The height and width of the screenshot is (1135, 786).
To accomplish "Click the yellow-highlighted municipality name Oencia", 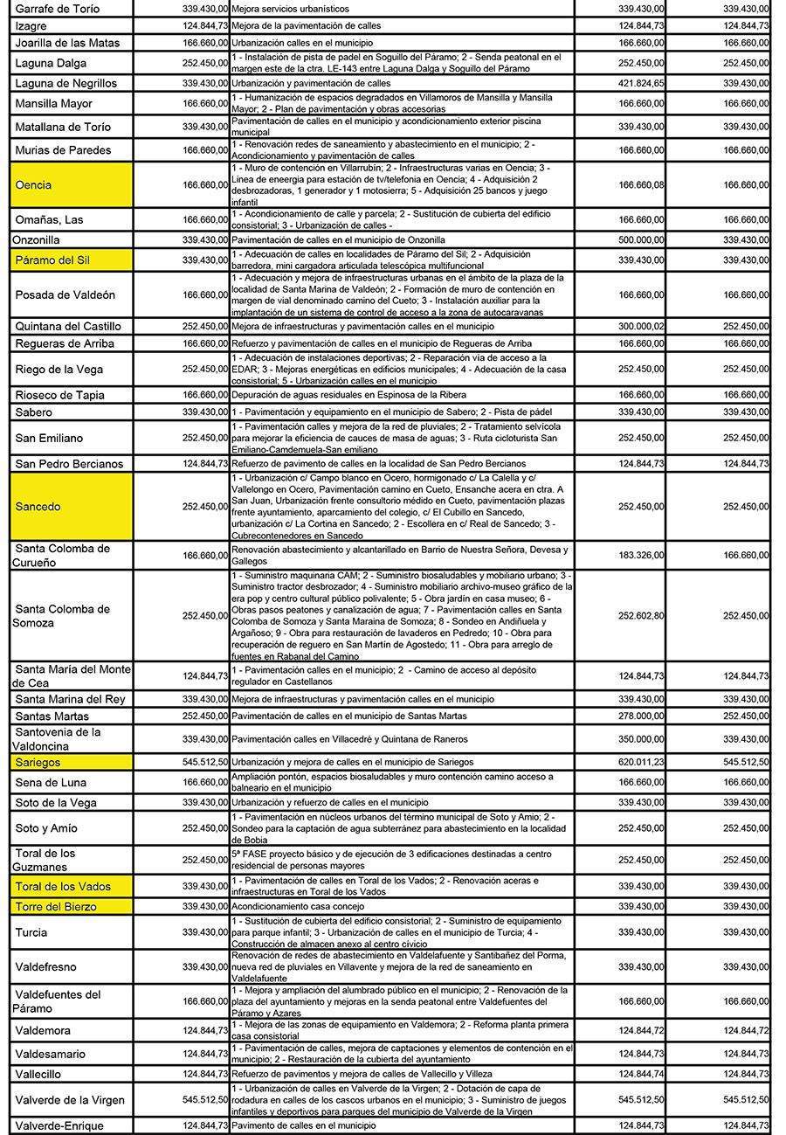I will coord(33,185).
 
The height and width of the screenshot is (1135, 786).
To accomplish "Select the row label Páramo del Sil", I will coord(52,260).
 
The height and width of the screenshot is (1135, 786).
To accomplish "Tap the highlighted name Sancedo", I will coord(38,507).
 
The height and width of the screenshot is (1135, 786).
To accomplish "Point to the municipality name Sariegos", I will coord(38,763).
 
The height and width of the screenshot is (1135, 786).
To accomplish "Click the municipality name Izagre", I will coord(31,26).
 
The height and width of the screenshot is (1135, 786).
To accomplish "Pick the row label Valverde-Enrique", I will coord(59,1125).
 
